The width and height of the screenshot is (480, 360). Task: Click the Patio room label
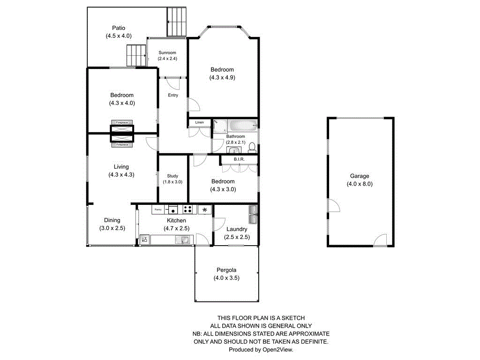pyautogui.click(x=119, y=28)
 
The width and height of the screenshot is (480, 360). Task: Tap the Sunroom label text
pyautogui.click(x=167, y=52)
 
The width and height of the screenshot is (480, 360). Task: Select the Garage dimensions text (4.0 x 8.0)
pyautogui.click(x=360, y=184)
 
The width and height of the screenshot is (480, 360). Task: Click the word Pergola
pyautogui.click(x=226, y=270)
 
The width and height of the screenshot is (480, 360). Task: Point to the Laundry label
pyautogui.click(x=236, y=229)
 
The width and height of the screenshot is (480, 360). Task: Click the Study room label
pyautogui.click(x=172, y=176)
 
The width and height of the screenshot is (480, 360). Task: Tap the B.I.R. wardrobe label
pyautogui.click(x=240, y=159)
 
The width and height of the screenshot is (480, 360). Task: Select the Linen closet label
pyautogui.click(x=200, y=122)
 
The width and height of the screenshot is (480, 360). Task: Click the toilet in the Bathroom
pyautogui.click(x=252, y=147)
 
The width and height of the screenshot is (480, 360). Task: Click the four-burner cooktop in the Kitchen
pyautogui.click(x=187, y=210)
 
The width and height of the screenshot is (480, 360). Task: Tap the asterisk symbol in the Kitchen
pyautogui.click(x=205, y=210)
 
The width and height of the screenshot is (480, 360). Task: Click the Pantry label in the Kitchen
pyautogui.click(x=158, y=210)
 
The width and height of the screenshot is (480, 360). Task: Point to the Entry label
pyautogui.click(x=173, y=95)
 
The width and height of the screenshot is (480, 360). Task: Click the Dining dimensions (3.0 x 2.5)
pyautogui.click(x=112, y=228)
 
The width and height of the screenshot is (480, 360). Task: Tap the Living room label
pyautogui.click(x=121, y=167)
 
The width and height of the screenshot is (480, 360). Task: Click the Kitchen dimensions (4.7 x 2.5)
pyautogui.click(x=176, y=228)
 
